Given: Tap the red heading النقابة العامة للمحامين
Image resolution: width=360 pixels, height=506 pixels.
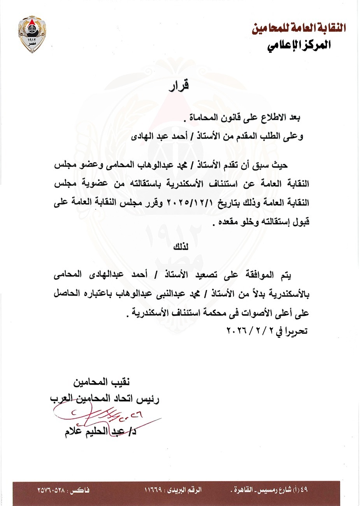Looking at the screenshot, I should click(299, 28).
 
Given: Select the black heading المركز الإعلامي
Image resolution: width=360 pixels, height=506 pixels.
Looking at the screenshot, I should click(299, 45).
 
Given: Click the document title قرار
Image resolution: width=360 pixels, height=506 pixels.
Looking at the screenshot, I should click(179, 85).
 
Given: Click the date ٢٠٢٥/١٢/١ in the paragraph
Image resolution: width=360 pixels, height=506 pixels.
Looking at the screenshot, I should click(185, 203).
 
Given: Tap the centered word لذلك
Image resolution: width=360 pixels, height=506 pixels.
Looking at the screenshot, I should click(180, 247).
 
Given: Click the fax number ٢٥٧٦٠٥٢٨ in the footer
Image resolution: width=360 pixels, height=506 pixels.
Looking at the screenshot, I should click(52, 490).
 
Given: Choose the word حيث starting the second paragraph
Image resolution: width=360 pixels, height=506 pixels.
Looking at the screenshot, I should click(279, 165).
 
